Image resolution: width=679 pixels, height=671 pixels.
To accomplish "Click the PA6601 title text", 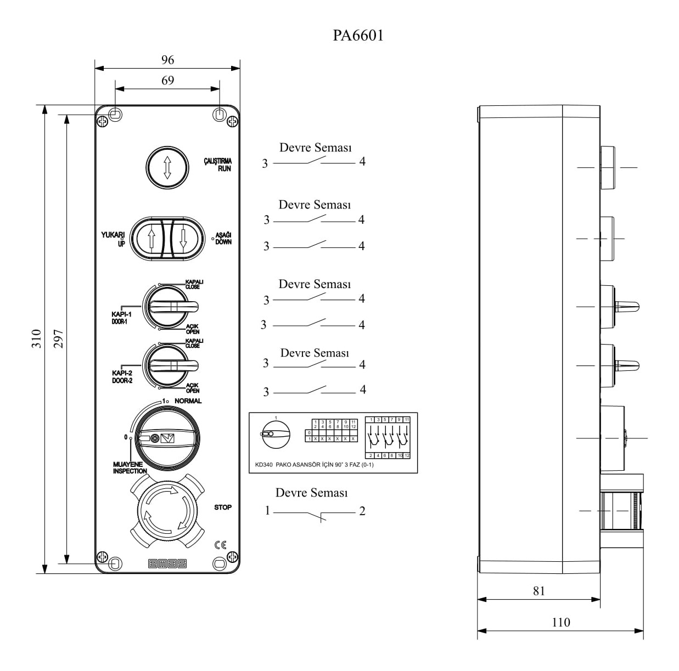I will [358, 36].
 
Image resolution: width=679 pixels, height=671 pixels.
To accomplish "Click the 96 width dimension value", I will [167, 60].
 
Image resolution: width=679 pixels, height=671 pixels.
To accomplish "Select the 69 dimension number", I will [167, 81].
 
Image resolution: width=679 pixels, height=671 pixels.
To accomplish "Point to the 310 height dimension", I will [36, 339].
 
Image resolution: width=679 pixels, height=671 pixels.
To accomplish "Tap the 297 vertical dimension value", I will [58, 339].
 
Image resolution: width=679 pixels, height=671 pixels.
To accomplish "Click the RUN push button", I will [167, 167].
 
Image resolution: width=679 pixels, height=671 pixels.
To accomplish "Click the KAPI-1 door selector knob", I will [170, 306].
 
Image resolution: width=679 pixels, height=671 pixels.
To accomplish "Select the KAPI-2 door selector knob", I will [170, 365].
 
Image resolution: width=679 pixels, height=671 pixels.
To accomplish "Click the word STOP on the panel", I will [223, 508].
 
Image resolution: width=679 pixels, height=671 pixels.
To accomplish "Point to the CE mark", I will [221, 545].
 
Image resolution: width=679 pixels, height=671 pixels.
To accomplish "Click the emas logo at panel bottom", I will [167, 563].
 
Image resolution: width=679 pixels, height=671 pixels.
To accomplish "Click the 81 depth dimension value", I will [539, 591].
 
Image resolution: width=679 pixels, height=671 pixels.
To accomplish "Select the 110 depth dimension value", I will [560, 622].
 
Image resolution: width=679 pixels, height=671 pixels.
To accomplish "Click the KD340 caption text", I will [315, 465].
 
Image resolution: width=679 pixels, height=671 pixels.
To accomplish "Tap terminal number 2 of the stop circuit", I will [362, 511].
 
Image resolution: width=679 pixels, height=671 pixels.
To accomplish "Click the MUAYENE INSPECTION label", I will [130, 467].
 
